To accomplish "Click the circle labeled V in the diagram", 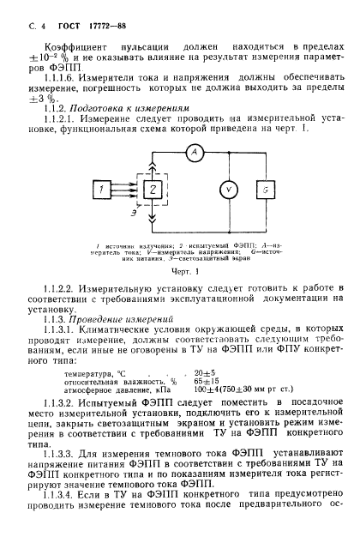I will (217, 189).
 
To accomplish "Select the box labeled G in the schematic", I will (267, 189).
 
